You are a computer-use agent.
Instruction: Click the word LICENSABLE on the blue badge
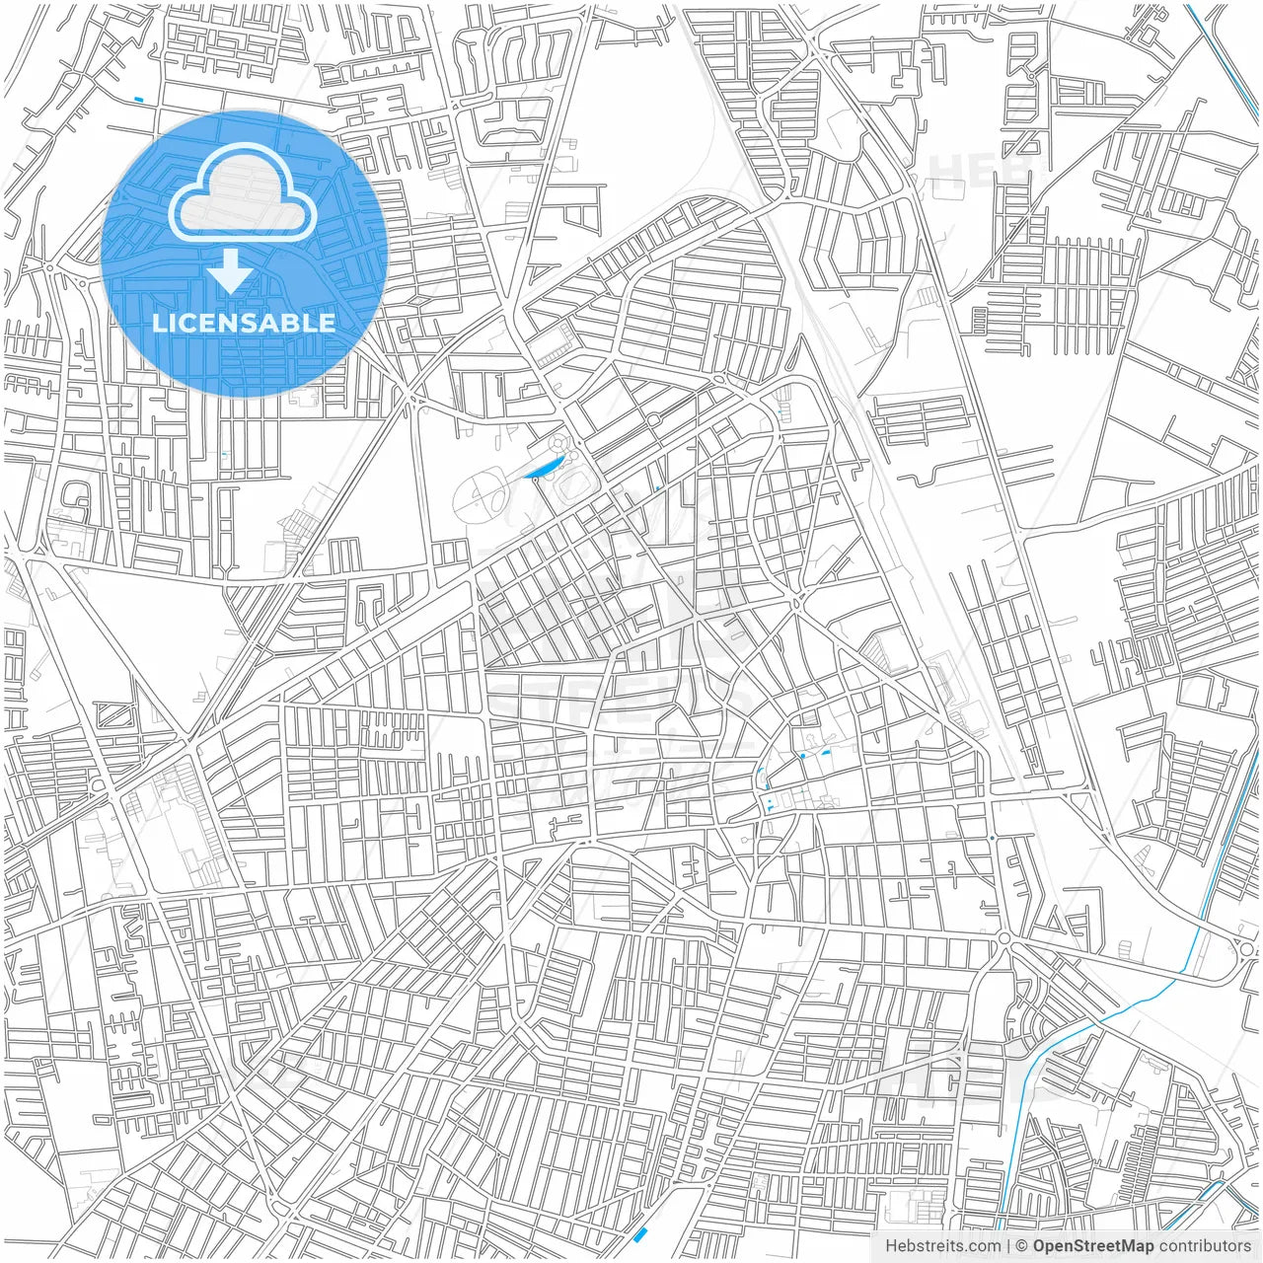(x=244, y=323)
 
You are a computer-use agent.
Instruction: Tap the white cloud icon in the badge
(x=244, y=194)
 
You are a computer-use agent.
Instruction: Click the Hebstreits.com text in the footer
(x=942, y=1246)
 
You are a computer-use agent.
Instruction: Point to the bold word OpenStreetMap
(x=1093, y=1246)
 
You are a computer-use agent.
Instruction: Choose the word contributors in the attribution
(x=1206, y=1246)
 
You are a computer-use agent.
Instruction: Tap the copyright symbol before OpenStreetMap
(x=1022, y=1246)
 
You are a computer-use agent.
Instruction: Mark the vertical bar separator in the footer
(x=1008, y=1246)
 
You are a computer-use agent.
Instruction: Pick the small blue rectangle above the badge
(x=138, y=99)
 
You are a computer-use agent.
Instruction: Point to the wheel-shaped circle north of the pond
(x=560, y=444)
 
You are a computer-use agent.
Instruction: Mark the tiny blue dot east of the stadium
(x=657, y=488)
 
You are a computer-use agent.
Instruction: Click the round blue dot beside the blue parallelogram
(x=802, y=756)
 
